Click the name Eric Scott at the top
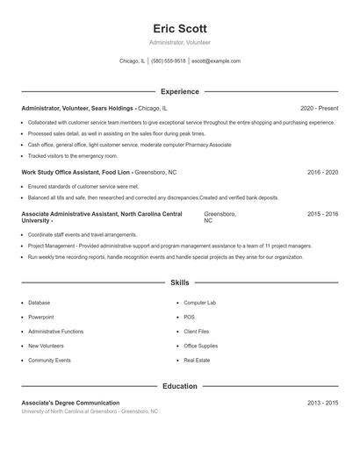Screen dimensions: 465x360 tap(179, 28)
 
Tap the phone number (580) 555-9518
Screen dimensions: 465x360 tap(169, 61)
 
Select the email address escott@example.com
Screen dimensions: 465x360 tap(216, 61)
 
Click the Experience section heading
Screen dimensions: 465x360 tap(179, 91)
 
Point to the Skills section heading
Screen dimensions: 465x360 tap(179, 283)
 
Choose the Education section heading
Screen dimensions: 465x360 tap(179, 386)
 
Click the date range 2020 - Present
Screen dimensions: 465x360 tap(319, 108)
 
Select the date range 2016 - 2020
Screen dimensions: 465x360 tap(322, 173)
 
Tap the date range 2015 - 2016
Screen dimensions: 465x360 tap(322, 214)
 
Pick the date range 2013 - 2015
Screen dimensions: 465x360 tap(322, 402)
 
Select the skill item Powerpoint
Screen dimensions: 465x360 tap(41, 317)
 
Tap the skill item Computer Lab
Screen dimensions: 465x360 tap(199, 303)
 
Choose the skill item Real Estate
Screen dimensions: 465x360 tap(197, 361)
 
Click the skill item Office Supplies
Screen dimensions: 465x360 tap(201, 346)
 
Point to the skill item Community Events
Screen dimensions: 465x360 tap(49, 361)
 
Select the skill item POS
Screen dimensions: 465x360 tap(190, 317)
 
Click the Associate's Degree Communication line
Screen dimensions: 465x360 tap(70, 402)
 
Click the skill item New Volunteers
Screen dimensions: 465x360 tap(46, 346)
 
